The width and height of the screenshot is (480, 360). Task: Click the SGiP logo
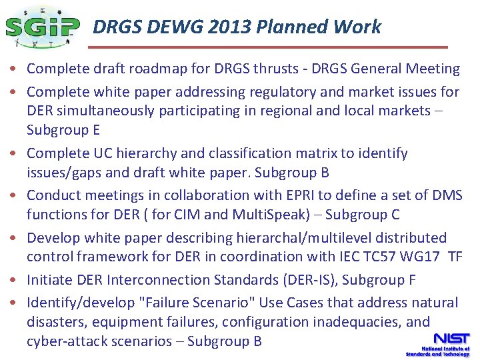(41, 27)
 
